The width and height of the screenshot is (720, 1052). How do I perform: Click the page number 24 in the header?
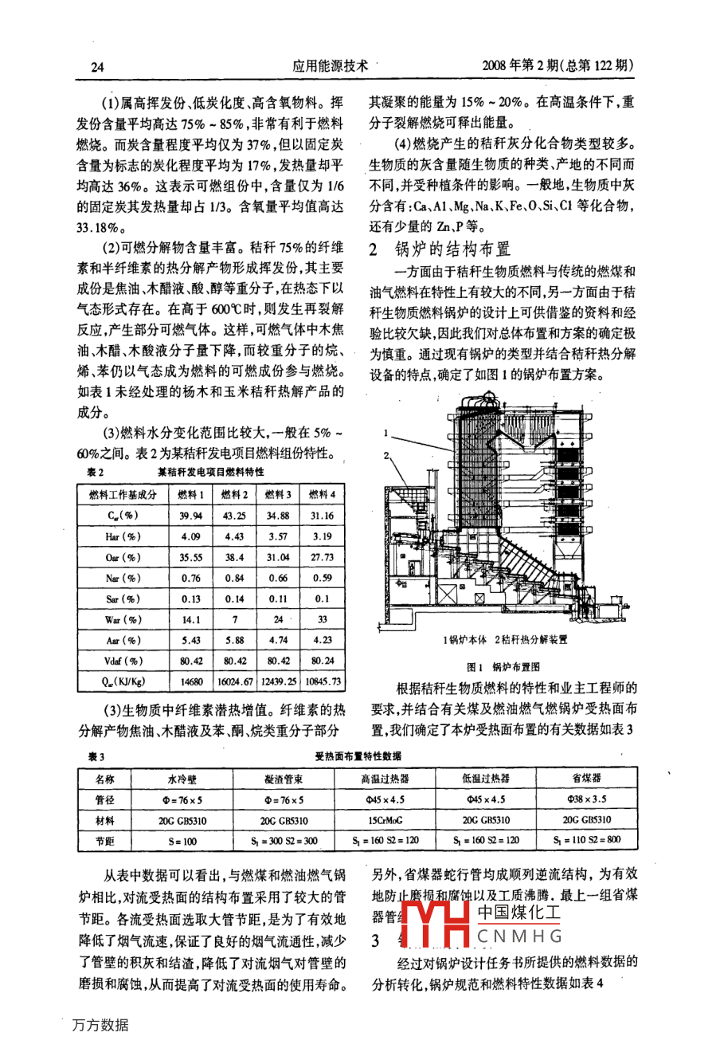[x=97, y=67]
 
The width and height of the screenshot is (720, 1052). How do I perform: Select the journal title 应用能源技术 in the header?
[x=330, y=67]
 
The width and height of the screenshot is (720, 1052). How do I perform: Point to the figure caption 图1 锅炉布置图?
[x=503, y=667]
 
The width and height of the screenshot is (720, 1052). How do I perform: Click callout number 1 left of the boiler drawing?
[x=385, y=434]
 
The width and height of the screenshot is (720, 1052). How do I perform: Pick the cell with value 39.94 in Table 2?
[x=190, y=516]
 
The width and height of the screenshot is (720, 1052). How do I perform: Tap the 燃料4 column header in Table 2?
[x=322, y=495]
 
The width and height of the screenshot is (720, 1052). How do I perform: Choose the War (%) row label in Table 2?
[x=123, y=619]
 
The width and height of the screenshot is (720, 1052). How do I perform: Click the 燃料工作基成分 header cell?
[x=123, y=495]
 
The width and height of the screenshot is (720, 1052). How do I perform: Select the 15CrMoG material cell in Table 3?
[x=385, y=819]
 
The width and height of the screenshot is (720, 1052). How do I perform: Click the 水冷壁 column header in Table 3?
[x=182, y=779]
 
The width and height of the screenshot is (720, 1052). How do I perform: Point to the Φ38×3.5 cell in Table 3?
[x=586, y=799]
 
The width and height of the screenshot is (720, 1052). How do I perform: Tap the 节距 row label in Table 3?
[x=104, y=840]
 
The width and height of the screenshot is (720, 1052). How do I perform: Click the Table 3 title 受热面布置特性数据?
[x=358, y=756]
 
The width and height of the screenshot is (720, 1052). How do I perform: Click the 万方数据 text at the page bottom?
[x=100, y=1025]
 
